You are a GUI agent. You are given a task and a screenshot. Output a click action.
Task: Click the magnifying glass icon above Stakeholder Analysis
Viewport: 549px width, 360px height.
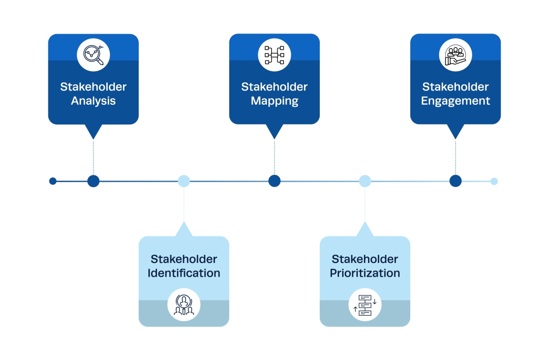click(x=94, y=54)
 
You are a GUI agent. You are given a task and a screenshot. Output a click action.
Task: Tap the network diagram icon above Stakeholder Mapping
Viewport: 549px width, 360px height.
click(x=274, y=54)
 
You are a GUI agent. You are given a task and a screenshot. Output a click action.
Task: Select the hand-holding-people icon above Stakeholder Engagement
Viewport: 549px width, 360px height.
click(x=455, y=54)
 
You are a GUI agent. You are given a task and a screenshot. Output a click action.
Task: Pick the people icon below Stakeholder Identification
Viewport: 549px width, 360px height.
click(x=184, y=306)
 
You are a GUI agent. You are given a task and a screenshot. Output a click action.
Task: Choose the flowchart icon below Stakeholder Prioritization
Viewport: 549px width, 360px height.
click(x=365, y=306)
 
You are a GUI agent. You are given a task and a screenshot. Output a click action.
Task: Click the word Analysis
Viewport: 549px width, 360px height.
click(x=94, y=101)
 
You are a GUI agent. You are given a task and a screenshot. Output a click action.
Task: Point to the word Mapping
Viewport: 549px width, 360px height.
click(x=274, y=101)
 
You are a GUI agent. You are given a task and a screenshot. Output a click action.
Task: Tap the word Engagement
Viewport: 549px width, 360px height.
click(x=455, y=101)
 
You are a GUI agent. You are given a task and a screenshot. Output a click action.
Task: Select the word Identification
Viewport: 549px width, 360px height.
click(x=184, y=273)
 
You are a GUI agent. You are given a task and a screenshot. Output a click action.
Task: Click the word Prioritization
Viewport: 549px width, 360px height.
click(x=365, y=273)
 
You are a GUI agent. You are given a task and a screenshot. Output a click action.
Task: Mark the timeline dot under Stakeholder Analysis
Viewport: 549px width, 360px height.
click(x=94, y=181)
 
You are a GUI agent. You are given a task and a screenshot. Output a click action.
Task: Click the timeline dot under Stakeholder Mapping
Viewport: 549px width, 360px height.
click(x=274, y=181)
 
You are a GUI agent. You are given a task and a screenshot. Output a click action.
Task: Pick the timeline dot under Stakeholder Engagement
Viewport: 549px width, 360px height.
click(x=455, y=181)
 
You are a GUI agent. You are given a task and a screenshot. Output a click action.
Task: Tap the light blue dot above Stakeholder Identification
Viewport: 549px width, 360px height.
click(x=184, y=181)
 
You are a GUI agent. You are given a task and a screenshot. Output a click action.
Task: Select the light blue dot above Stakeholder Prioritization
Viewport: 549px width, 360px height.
click(x=365, y=181)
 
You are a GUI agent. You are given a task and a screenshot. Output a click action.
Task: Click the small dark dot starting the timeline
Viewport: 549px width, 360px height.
click(x=53, y=181)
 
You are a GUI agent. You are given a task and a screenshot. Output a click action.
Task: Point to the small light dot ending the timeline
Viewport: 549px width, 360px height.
click(x=494, y=181)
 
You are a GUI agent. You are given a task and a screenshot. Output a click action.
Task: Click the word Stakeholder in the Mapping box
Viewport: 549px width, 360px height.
click(x=274, y=87)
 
